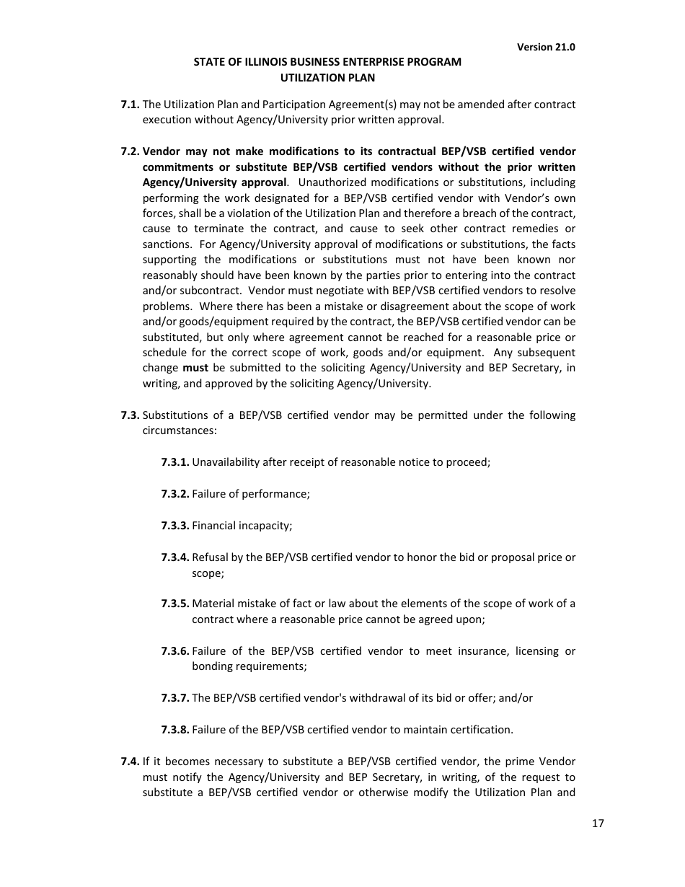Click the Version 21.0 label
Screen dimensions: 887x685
point(546,47)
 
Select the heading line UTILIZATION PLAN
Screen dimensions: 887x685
point(327,77)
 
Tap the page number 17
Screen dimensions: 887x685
point(598,824)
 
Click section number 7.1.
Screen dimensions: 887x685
point(130,105)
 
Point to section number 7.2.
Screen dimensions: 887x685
point(130,151)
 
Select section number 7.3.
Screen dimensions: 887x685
point(130,415)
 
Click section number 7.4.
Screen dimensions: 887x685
point(130,762)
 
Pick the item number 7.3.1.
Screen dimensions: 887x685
point(175,462)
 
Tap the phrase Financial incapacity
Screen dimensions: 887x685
point(242,526)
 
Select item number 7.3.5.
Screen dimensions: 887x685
point(175,604)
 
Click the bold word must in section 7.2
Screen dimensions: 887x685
point(195,368)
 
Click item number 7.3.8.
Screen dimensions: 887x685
point(175,730)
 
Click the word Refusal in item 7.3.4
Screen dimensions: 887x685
point(210,557)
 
